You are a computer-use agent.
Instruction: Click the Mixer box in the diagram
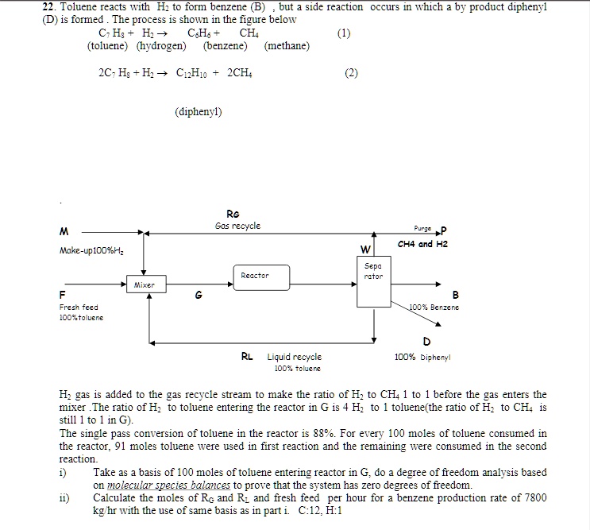coord(144,284)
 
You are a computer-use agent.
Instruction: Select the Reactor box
coord(255,276)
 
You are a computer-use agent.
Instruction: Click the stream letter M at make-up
coord(62,231)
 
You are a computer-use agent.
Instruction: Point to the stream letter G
coord(199,296)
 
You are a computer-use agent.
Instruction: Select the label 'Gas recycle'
coord(237,226)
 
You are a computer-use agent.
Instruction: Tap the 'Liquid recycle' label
coord(294,358)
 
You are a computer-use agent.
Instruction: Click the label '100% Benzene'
coord(434,307)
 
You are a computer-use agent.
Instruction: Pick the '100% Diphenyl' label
coord(422,358)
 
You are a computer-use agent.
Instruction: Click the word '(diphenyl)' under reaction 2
coord(198,112)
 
